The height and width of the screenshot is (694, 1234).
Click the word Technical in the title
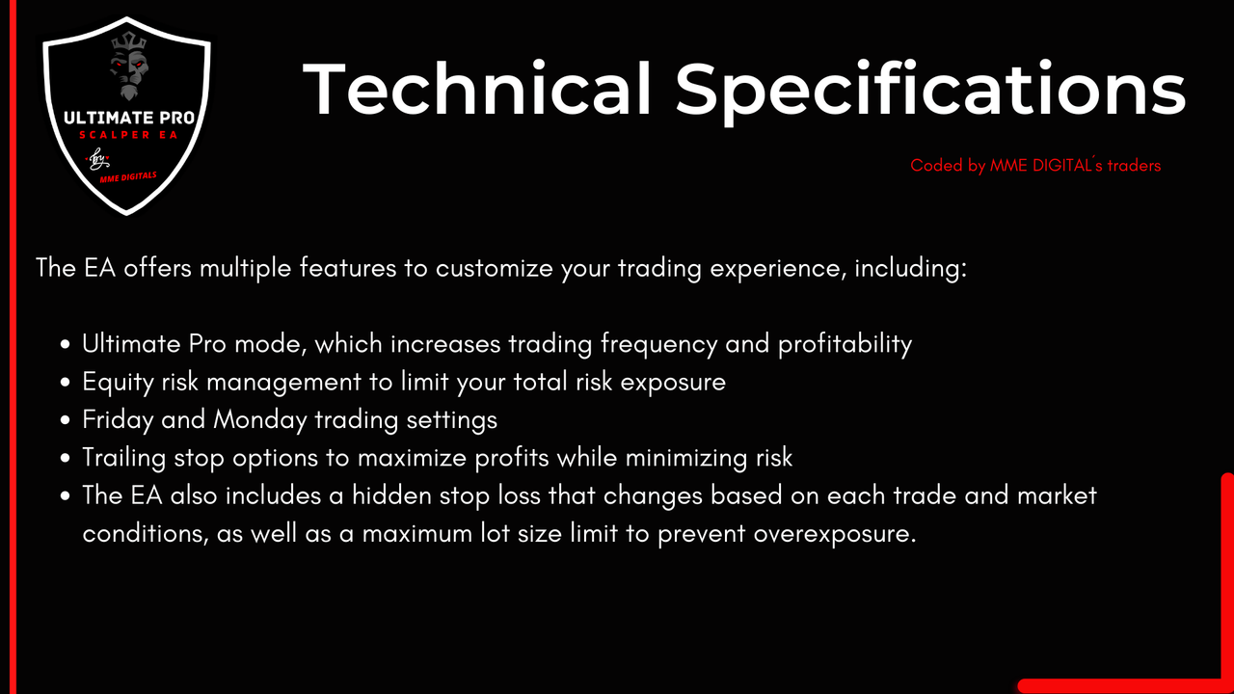coord(476,90)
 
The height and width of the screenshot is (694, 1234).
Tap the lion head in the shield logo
coord(129,67)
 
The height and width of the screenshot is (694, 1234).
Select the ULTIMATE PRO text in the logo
coord(129,118)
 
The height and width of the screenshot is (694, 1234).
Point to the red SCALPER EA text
coord(128,135)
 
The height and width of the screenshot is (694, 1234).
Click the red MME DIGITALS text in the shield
coord(128,176)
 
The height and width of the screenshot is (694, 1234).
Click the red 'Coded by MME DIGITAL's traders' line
coord(1035,165)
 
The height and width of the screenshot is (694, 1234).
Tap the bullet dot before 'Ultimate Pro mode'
coord(66,345)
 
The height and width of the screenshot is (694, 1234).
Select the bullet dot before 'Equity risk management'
coord(66,383)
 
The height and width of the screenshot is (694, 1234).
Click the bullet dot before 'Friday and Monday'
coord(66,420)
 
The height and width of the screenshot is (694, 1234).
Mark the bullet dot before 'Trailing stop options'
coord(66,458)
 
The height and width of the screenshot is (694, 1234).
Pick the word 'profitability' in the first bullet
coord(845,345)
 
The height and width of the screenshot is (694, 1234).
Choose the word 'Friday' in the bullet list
coord(119,420)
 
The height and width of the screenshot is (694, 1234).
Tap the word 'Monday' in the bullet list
coord(260,420)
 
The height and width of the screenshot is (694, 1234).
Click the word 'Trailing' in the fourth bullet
coord(124,458)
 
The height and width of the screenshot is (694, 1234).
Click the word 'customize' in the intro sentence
coord(495,269)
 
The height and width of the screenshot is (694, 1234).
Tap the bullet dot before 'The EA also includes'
coord(66,496)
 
